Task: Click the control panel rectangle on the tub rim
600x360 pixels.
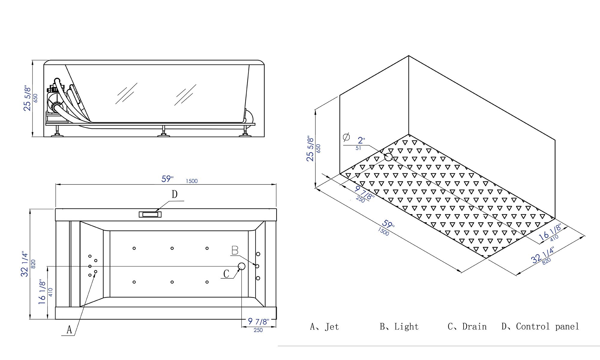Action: tap(150, 214)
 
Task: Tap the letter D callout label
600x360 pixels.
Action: tap(175, 194)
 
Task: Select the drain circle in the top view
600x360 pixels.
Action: tap(241, 266)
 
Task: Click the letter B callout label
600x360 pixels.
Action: tap(235, 250)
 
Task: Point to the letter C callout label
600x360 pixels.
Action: tap(226, 274)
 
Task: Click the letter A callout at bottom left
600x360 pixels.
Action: tap(69, 330)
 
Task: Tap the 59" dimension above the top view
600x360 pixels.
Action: tap(167, 179)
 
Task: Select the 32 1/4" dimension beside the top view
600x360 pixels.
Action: tap(25, 264)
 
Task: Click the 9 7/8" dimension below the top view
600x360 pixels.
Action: tap(258, 322)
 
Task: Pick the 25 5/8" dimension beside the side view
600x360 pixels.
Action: tap(28, 98)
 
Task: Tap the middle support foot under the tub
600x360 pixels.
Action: tap(163, 132)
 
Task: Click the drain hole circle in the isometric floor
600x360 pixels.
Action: tap(388, 157)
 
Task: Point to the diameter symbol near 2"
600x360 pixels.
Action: tap(346, 137)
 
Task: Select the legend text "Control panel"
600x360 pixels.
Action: tap(547, 326)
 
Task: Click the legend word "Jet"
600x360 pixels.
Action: tap(332, 327)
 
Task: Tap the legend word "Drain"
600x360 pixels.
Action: tap(474, 326)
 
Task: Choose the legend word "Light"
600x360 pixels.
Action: tap(406, 326)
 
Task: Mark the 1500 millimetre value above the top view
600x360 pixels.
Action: tap(192, 181)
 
